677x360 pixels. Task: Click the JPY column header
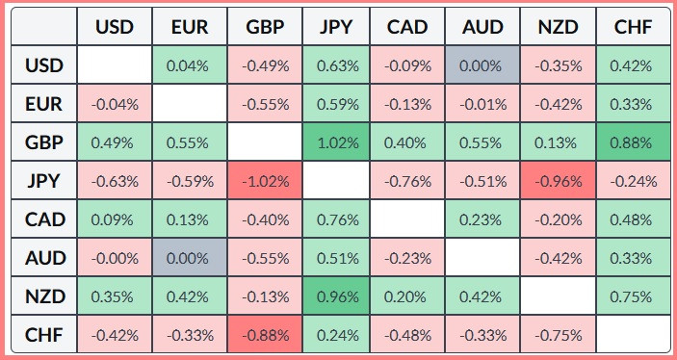pos(336,27)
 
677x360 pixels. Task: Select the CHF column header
pos(633,27)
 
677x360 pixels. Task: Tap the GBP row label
pos(44,142)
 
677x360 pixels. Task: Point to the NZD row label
pos(44,296)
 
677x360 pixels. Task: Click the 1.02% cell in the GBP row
pos(336,142)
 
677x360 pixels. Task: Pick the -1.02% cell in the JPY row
pos(265,181)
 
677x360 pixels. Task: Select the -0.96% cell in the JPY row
pos(559,181)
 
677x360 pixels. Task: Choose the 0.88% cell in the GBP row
pos(633,142)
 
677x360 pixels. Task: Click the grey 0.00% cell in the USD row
pos(482,65)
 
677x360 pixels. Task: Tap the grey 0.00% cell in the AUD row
pos(190,258)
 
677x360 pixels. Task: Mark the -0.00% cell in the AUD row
pos(115,258)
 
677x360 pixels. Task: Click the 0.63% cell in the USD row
pos(336,65)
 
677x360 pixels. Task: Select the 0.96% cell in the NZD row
pos(336,296)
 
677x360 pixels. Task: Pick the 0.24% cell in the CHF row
pos(336,335)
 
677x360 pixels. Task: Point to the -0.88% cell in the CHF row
pos(265,335)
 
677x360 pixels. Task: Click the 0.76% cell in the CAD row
pos(336,219)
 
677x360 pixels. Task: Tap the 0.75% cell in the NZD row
pos(633,296)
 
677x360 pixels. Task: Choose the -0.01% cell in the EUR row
pos(482,104)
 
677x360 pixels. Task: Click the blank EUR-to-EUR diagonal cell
pos(190,104)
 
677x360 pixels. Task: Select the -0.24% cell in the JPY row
pos(633,181)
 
